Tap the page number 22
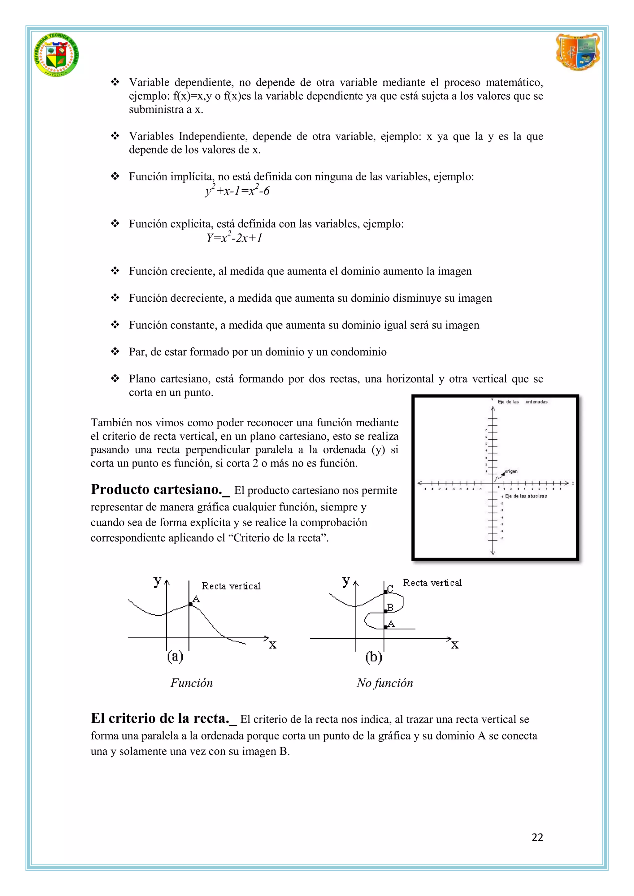pos(537,837)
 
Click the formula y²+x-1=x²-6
pos(237,191)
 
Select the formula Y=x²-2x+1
pos(234,237)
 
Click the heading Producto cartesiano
pos(160,489)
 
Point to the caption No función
pos(384,683)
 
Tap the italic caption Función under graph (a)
pos(191,683)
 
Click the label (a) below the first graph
pos(175,657)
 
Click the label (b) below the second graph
pos(374,657)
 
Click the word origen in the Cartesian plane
pos(511,472)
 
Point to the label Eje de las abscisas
pos(526,496)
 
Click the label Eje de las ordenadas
pos(522,402)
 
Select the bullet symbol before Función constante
pos(115,325)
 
